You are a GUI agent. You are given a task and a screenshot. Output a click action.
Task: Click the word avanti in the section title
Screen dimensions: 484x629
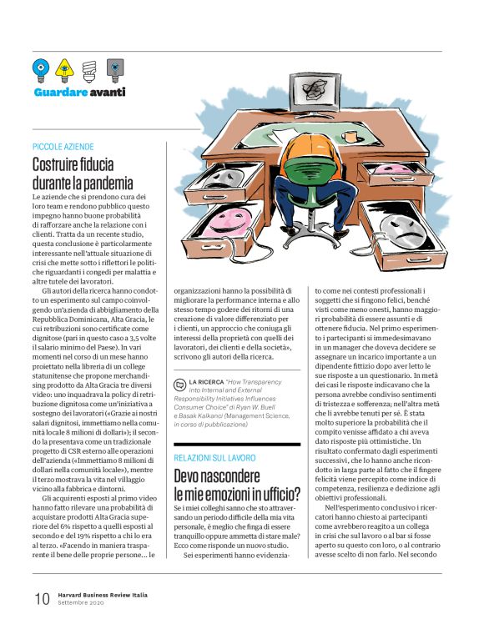pyautogui.click(x=108, y=91)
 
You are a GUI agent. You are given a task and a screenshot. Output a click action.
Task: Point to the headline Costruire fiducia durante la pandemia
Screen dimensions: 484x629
pyautogui.click(x=83, y=173)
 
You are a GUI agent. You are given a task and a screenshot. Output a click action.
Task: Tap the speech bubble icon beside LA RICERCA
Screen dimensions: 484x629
pyautogui.click(x=179, y=384)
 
